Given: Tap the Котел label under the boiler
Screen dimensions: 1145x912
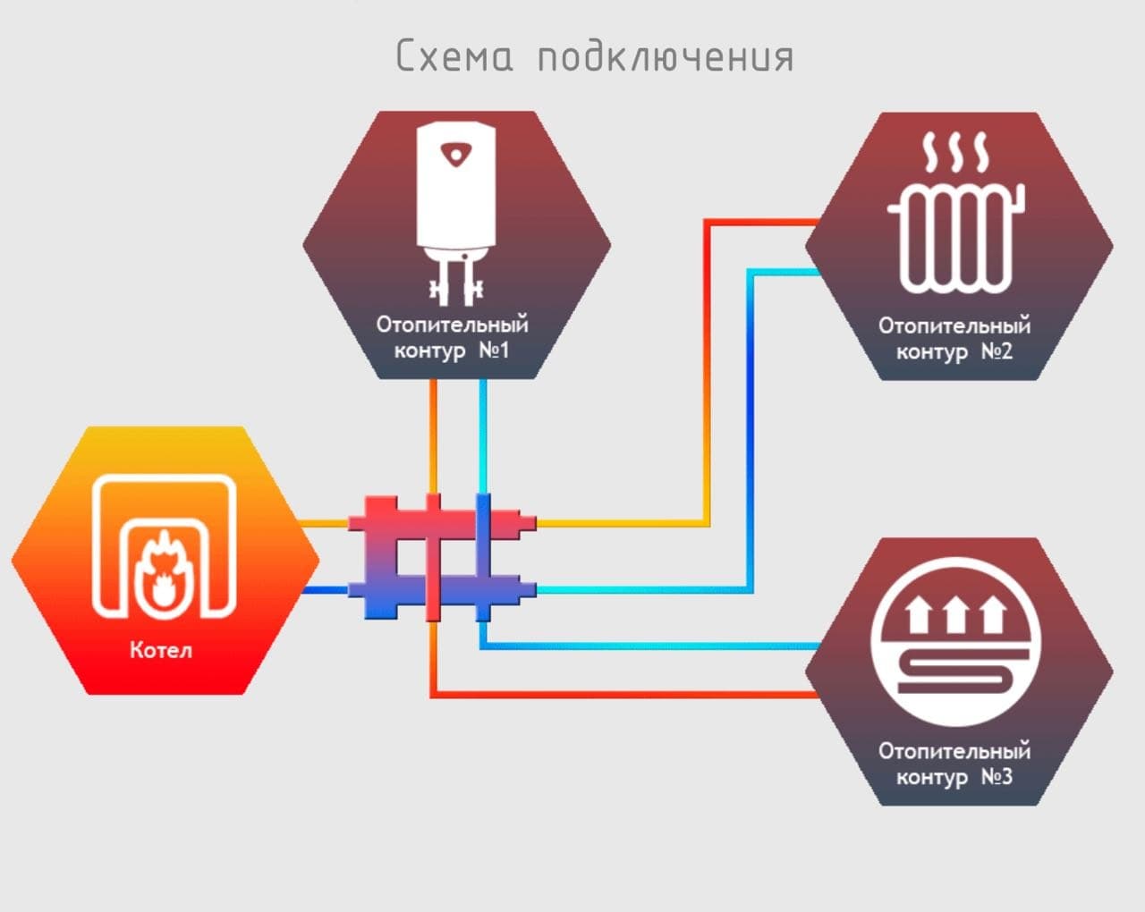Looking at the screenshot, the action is coord(161,650).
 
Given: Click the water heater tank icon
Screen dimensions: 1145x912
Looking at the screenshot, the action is coord(456,213).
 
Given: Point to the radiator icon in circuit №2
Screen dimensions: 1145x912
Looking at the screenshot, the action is coord(956,238).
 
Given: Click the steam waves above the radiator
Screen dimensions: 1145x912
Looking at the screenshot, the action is coord(955,152).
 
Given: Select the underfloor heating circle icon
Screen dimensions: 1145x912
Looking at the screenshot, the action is coord(956,642).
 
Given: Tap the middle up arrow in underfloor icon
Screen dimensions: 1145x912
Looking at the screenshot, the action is coord(956,614).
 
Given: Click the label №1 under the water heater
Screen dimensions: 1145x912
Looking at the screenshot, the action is coord(495,350).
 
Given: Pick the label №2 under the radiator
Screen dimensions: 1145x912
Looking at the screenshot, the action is coord(997,351).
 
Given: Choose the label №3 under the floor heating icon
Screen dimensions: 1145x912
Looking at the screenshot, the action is coord(997,777).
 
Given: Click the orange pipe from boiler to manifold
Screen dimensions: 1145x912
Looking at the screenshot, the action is coord(324,523).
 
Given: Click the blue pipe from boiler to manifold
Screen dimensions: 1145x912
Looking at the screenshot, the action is coord(325,590).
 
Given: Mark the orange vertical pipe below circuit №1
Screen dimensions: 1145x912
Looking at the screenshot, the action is coord(433,436).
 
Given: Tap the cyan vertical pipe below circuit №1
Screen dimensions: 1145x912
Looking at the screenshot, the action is coord(483,436).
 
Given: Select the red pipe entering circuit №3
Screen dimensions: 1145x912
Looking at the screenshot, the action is coord(625,694).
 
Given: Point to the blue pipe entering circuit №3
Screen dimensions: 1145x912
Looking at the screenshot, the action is coord(650,646).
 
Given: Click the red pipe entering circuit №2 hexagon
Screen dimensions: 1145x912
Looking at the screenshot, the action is coord(707,372).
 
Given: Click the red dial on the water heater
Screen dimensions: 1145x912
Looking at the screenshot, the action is coord(456,154).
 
